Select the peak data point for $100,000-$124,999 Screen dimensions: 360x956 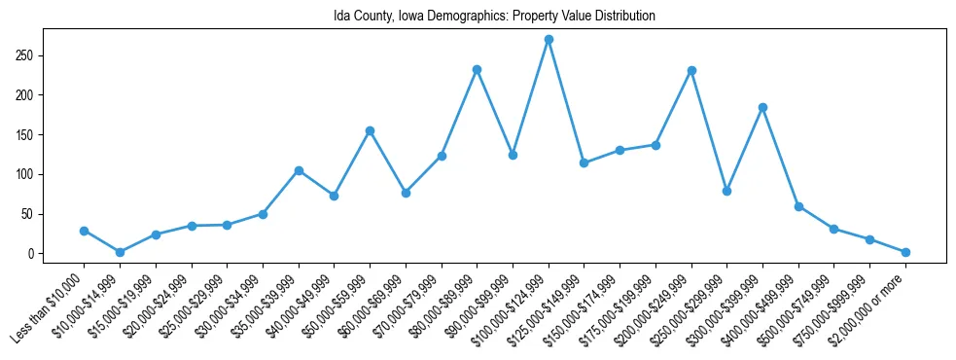[x=549, y=39]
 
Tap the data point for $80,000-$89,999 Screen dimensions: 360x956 [x=477, y=69]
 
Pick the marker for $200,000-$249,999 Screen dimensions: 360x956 [x=691, y=70]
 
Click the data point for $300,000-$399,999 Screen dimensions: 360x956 [x=762, y=107]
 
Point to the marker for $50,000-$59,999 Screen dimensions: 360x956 [x=370, y=130]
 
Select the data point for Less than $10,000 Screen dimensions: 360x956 [x=84, y=231]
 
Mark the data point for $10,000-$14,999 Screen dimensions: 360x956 [x=120, y=252]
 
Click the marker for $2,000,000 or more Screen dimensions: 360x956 [x=905, y=252]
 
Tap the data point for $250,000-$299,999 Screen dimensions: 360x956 [x=726, y=191]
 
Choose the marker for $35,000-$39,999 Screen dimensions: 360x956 [x=299, y=170]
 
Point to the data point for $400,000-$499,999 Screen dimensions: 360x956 [x=798, y=206]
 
